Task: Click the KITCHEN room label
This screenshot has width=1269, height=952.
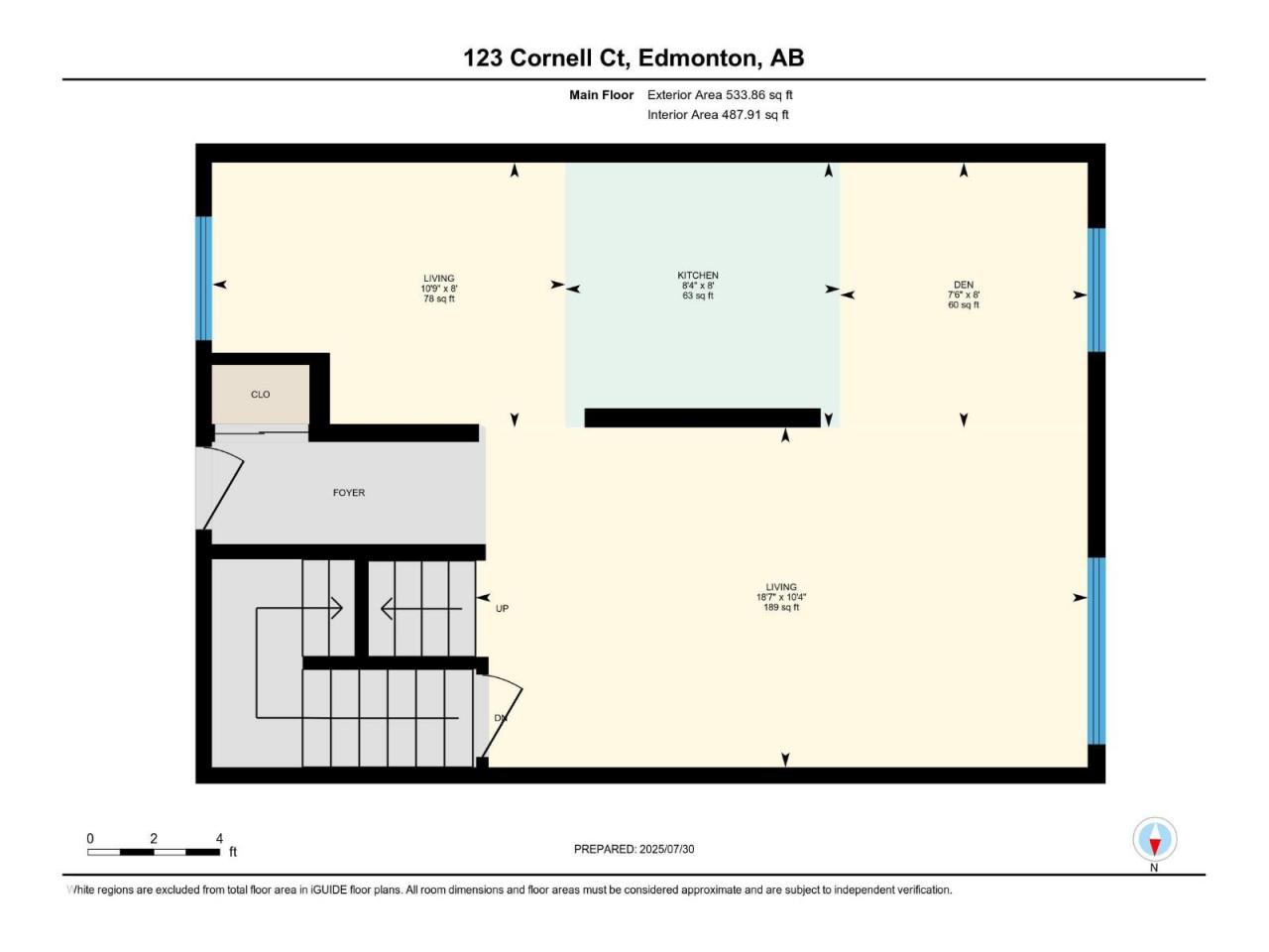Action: [697, 275]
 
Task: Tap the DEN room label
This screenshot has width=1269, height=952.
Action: [964, 285]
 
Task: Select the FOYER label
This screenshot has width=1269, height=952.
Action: [349, 493]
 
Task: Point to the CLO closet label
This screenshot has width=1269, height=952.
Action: [260, 395]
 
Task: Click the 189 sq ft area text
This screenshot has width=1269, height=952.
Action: [781, 608]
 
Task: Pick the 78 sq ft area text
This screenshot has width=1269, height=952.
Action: [439, 298]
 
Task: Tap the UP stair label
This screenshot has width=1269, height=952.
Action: [502, 609]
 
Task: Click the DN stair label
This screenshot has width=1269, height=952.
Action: [501, 718]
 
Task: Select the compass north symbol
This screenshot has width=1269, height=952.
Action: [1154, 839]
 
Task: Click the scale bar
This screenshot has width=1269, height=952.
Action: [154, 852]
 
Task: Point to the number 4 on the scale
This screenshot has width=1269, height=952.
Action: [219, 838]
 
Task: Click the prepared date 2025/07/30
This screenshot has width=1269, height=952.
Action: [666, 849]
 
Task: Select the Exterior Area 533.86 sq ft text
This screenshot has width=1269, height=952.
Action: [720, 95]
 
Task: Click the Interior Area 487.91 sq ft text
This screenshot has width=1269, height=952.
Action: [718, 114]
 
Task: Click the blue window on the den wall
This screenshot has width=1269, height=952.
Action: [1096, 291]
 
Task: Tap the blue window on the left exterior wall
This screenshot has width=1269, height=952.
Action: [203, 278]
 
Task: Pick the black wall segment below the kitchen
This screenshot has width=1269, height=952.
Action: [703, 417]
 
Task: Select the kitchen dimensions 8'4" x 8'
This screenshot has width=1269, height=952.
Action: [698, 286]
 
